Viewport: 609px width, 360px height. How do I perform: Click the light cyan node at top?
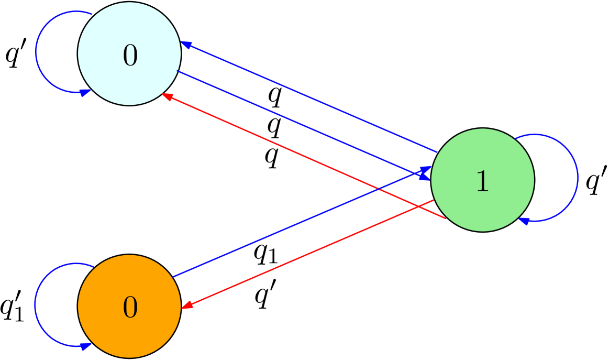129,31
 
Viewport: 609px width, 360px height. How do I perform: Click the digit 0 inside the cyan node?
130,56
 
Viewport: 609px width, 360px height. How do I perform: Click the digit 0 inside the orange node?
130,308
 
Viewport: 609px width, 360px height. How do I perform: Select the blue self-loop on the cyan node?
36,52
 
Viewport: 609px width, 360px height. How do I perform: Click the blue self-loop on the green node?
578,177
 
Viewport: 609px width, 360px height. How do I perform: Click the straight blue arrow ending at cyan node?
309,97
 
